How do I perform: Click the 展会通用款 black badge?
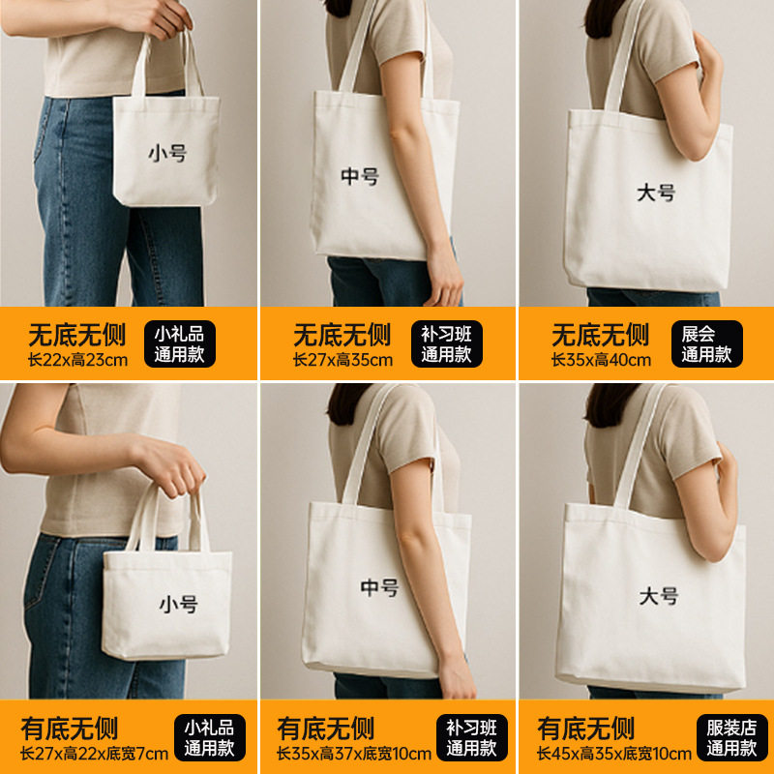click(707, 344)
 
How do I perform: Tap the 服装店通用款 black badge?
click(732, 737)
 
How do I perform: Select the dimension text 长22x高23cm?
click(78, 360)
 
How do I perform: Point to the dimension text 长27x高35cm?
click(343, 360)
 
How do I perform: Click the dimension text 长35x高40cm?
click(601, 360)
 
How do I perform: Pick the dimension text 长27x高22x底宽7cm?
click(94, 754)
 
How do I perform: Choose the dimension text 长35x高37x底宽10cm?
click(354, 754)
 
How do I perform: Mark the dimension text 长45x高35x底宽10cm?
click(614, 754)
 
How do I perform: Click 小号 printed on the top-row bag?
click(167, 153)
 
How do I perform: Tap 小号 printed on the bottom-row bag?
click(178, 604)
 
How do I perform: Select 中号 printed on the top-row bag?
click(360, 176)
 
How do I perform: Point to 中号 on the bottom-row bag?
click(379, 587)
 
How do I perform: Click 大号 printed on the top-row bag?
click(656, 193)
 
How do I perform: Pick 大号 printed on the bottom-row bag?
click(659, 596)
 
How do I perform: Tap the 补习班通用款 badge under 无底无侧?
click(447, 344)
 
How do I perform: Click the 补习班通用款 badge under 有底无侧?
click(472, 737)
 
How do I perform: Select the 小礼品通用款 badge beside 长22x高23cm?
click(180, 344)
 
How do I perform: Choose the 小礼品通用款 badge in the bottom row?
click(210, 737)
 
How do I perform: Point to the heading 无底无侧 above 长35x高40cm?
click(600, 335)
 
